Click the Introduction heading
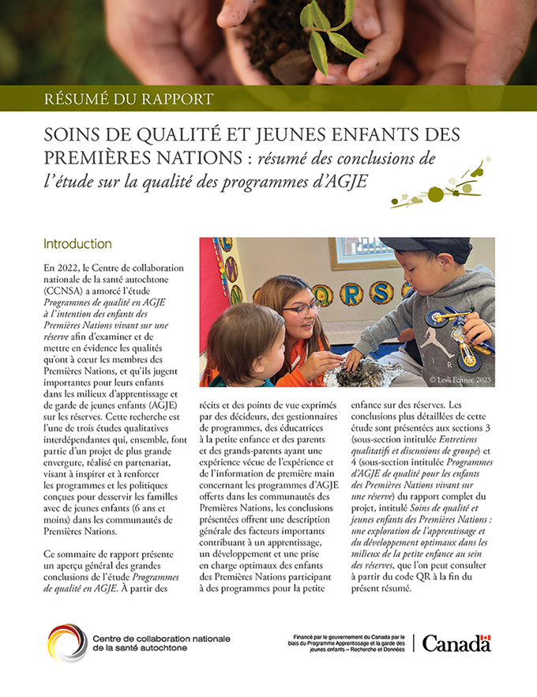pyautogui.click(x=77, y=243)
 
